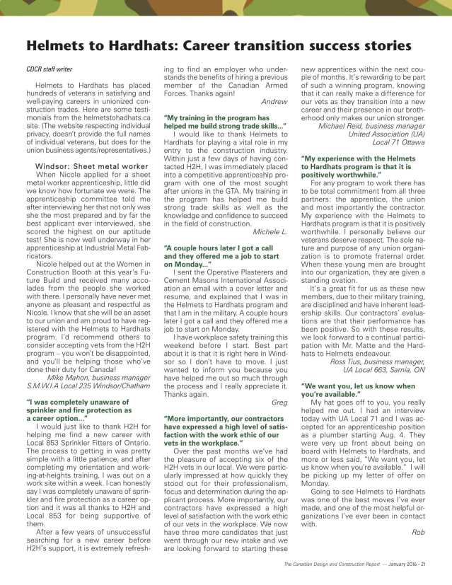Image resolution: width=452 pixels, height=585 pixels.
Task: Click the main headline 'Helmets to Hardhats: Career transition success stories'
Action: click(x=219, y=46)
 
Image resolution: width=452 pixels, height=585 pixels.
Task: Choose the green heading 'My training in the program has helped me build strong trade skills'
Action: click(x=224, y=121)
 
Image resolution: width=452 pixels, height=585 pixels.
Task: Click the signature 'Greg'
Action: click(x=279, y=401)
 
